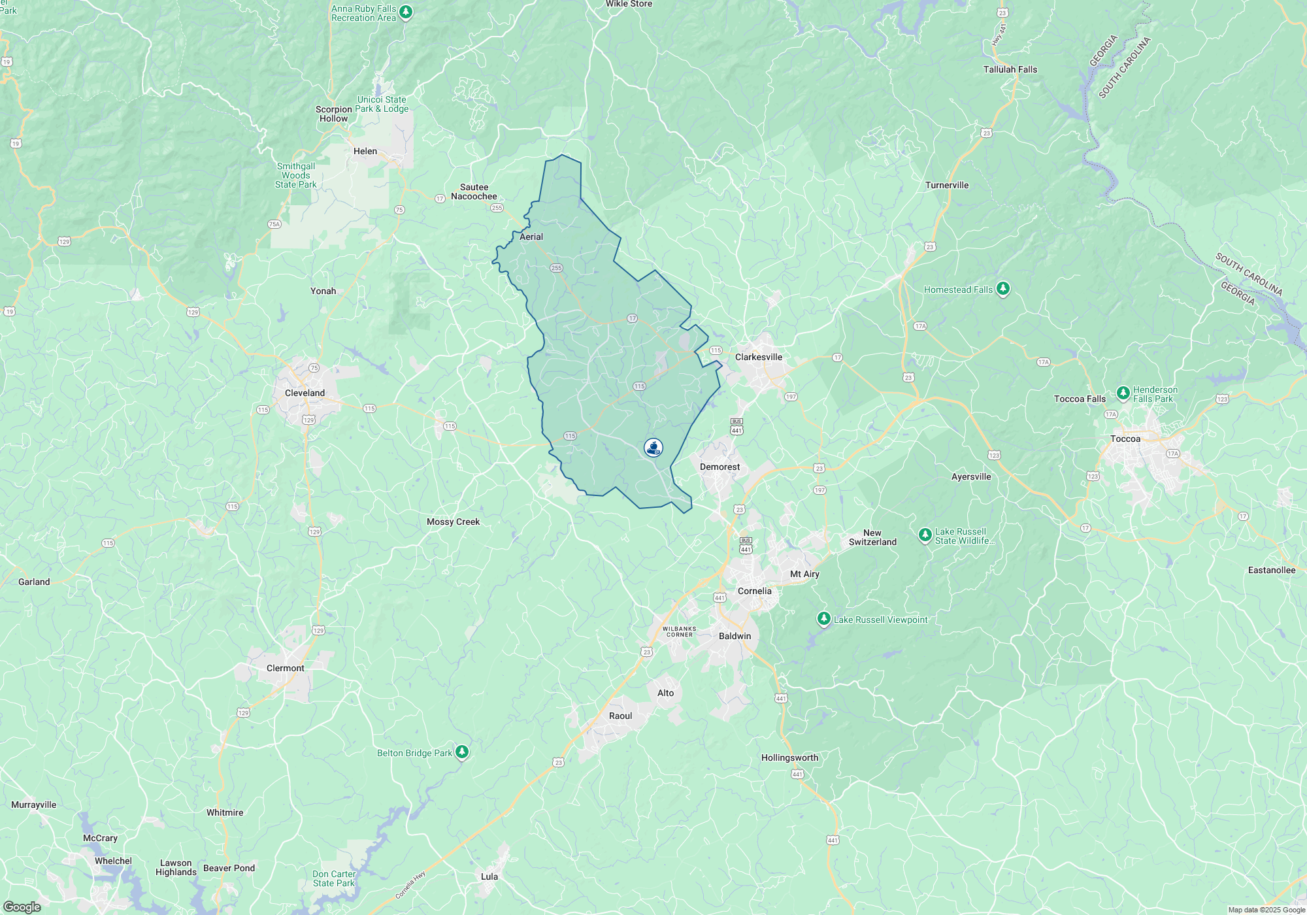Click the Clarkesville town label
tap(758, 357)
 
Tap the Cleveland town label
tap(305, 393)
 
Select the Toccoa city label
tap(1125, 439)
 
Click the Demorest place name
tap(720, 467)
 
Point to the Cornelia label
tap(754, 591)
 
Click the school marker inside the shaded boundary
tap(653, 448)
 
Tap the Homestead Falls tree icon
tap(1003, 288)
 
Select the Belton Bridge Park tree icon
tap(462, 752)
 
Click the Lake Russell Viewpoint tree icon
tap(824, 618)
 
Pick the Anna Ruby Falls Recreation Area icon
tap(406, 12)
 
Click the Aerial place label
tap(531, 237)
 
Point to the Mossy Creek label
tap(453, 522)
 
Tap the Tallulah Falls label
tap(1010, 69)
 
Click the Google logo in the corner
tap(22, 907)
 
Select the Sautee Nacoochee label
tap(474, 191)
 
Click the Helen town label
tap(365, 151)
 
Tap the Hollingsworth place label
tap(789, 757)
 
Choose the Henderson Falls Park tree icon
tap(1123, 393)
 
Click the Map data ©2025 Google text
tap(1266, 910)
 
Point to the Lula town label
tap(489, 876)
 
